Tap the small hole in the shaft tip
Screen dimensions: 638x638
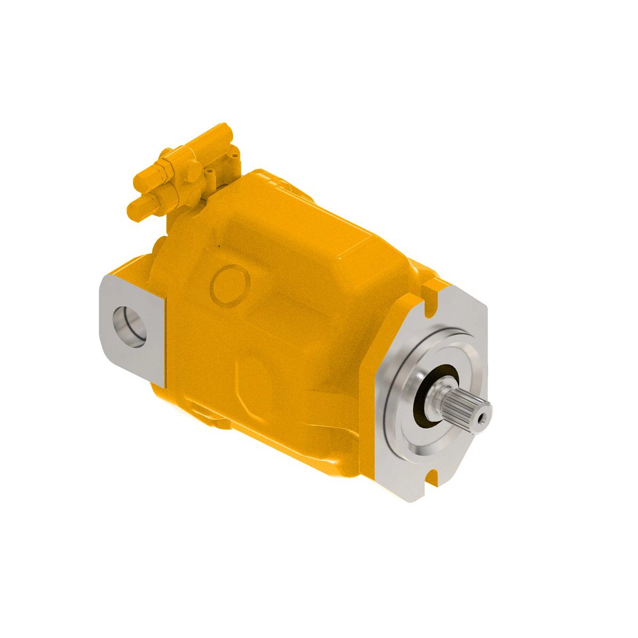pos(483,419)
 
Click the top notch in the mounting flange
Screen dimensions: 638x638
pos(432,291)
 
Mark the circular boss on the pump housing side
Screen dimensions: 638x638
pos(230,286)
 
